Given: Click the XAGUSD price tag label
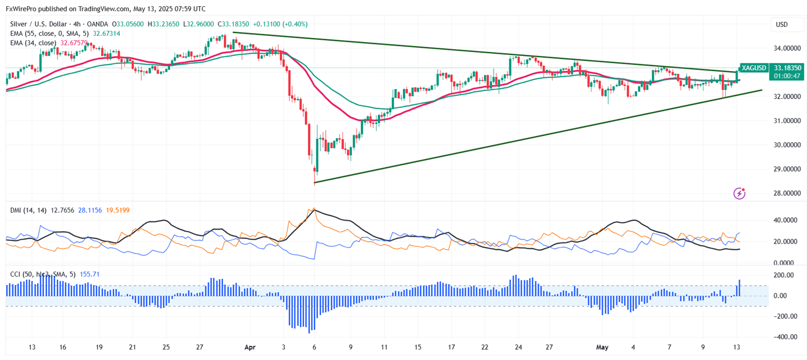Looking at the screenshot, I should click(753, 68).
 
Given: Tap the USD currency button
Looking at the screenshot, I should click(781, 25).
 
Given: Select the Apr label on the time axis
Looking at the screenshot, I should click(250, 347).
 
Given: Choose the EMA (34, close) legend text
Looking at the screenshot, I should click(33, 43).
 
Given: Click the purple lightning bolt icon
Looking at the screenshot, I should click(740, 194).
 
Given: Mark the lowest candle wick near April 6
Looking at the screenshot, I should click(315, 183).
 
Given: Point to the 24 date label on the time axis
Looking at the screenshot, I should click(518, 347).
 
